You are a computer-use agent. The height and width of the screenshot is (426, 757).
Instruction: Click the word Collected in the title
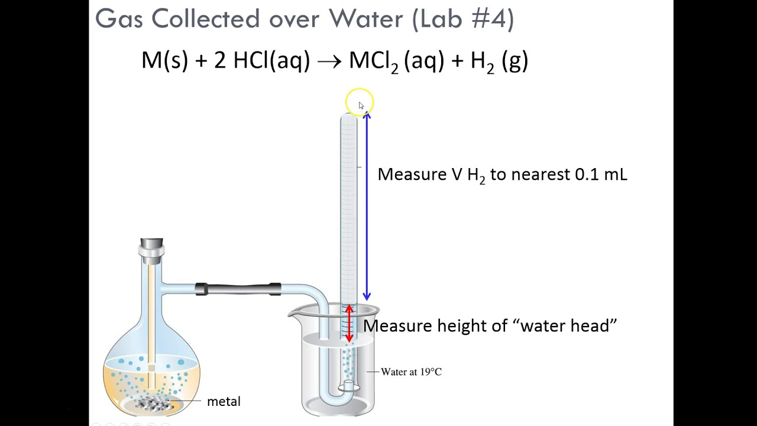[x=206, y=18]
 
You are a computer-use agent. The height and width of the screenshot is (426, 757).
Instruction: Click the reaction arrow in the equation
[x=329, y=62]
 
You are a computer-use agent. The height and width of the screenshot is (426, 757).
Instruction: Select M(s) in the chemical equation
[x=164, y=61]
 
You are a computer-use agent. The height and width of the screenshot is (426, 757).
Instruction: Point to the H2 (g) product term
[x=499, y=62]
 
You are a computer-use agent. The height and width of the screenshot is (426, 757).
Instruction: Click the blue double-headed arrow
[x=367, y=206]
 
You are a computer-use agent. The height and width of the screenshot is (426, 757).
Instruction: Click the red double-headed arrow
[x=349, y=323]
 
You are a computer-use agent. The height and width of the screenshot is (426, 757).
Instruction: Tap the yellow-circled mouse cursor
[x=361, y=105]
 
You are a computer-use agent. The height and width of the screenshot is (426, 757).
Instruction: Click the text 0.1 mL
[x=601, y=175]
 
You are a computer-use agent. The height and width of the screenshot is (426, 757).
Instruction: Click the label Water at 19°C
[x=411, y=372]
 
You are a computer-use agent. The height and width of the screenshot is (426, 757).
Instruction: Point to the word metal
[x=224, y=402]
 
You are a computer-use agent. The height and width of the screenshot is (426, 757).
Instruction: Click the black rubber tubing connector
[x=238, y=289]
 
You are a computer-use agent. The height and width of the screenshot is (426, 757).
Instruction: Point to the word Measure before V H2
[x=412, y=175]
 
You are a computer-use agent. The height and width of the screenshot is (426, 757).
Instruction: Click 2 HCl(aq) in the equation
[x=261, y=61]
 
